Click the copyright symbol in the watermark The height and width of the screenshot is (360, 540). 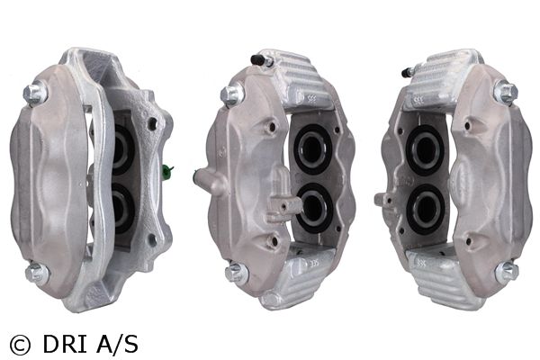21,345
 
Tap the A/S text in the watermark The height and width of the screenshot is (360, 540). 117,344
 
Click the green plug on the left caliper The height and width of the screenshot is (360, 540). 167,172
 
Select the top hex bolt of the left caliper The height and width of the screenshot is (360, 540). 34,93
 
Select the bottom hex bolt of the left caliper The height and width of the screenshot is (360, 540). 37,273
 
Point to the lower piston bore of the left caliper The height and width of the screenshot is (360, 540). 122,209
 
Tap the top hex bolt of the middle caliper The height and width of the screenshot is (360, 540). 230,94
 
